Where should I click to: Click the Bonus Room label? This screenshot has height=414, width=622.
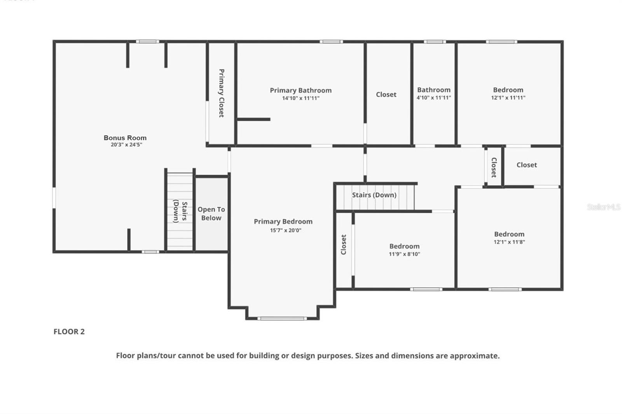(x=125, y=138)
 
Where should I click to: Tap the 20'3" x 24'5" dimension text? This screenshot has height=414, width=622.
(x=126, y=145)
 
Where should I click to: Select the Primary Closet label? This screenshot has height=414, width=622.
(x=221, y=93)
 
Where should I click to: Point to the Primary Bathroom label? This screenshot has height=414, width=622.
(x=301, y=90)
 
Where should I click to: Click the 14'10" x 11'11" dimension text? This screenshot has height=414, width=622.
(x=301, y=98)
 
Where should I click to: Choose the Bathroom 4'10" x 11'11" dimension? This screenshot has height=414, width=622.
(x=433, y=98)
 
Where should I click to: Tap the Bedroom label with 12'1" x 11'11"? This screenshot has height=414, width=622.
(x=508, y=90)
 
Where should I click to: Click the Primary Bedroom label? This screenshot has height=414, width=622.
(x=283, y=222)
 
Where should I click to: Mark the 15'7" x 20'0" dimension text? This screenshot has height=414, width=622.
(x=285, y=230)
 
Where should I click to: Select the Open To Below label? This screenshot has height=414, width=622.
(x=211, y=214)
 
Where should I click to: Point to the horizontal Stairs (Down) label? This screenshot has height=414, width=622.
(x=374, y=195)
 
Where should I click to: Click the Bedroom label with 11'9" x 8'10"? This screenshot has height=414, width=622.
(x=404, y=246)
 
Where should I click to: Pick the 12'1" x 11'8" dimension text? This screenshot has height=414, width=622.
(x=509, y=242)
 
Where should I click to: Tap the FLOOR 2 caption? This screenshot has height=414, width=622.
(x=69, y=332)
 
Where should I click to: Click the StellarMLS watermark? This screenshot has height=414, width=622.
(x=603, y=207)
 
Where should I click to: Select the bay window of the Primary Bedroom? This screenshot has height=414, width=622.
(x=282, y=318)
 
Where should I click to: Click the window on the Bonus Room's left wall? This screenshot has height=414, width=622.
(x=54, y=197)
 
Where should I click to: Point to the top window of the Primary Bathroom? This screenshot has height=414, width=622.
(x=331, y=42)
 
